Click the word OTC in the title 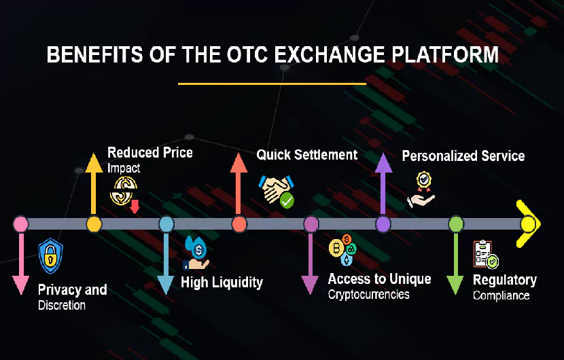pyautogui.click(x=247, y=54)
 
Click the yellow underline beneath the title pyautogui.click(x=272, y=84)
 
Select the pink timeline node pyautogui.click(x=21, y=224)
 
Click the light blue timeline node pyautogui.click(x=166, y=224)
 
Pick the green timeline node pyautogui.click(x=456, y=224)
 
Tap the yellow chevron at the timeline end pyautogui.click(x=529, y=223)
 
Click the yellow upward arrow pyautogui.click(x=94, y=184)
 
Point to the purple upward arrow pyautogui.click(x=383, y=184)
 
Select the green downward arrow pyautogui.click(x=455, y=264)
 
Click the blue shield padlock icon pyautogui.click(x=51, y=256)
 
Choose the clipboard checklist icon pyautogui.click(x=486, y=254)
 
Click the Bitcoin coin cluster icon pyautogui.click(x=342, y=249)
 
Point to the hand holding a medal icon pyautogui.click(x=421, y=190)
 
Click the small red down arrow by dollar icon pyautogui.click(x=135, y=206)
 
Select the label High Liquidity pyautogui.click(x=222, y=283)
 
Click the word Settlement pyautogui.click(x=326, y=155)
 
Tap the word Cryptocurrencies pyautogui.click(x=369, y=295)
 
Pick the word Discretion pyautogui.click(x=62, y=306)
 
